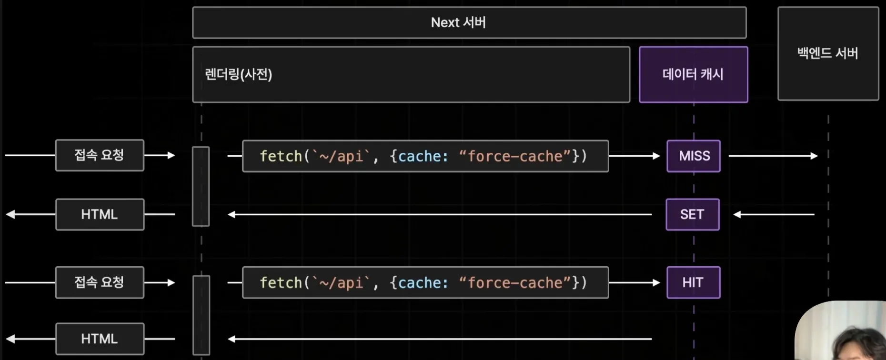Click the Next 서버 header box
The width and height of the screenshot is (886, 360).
(469, 22)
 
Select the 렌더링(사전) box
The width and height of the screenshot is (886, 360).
(411, 74)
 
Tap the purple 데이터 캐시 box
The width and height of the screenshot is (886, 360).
(694, 74)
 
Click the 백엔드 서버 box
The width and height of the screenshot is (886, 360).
(828, 53)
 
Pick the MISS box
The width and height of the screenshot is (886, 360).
(694, 156)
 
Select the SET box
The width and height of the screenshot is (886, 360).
(693, 214)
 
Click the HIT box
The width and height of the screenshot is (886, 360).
(694, 282)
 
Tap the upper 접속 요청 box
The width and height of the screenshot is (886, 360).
(100, 155)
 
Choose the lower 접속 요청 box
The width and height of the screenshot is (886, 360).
(100, 282)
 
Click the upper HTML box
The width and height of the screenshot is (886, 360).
(100, 214)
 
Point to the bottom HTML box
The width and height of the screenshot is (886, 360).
(100, 339)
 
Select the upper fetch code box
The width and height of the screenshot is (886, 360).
(425, 156)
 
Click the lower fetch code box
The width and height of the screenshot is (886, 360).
(425, 282)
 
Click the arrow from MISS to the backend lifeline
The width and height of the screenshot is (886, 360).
(773, 156)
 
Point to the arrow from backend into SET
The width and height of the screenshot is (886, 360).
(774, 214)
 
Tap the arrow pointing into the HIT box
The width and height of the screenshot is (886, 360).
(634, 282)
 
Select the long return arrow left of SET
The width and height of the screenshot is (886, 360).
(440, 214)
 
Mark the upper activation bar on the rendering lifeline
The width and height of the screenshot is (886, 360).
(201, 186)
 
